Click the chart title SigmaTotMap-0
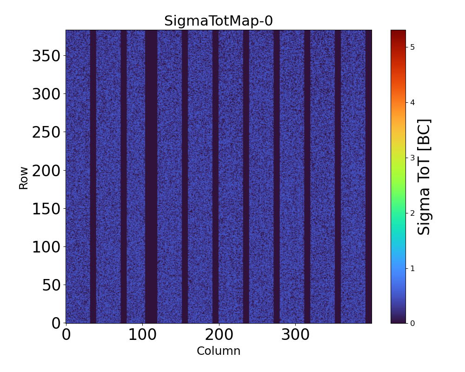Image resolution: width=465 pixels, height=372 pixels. [218, 21]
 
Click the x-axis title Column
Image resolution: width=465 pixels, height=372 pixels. [219, 351]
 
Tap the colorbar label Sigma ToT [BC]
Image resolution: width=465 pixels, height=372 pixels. [424, 177]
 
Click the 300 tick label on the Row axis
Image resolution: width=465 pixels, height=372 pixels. [46, 94]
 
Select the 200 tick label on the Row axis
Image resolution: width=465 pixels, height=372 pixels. [46, 171]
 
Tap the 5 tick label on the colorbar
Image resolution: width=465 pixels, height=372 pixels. [412, 47]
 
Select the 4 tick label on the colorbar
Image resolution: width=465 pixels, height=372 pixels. [412, 102]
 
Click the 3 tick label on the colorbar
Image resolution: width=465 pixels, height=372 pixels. [412, 158]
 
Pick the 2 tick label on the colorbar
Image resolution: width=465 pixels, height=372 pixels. [412, 213]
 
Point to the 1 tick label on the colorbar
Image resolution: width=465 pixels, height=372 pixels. [412, 268]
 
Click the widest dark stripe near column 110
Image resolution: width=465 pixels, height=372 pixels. [151, 177]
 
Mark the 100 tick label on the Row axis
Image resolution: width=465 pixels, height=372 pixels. [46, 247]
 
